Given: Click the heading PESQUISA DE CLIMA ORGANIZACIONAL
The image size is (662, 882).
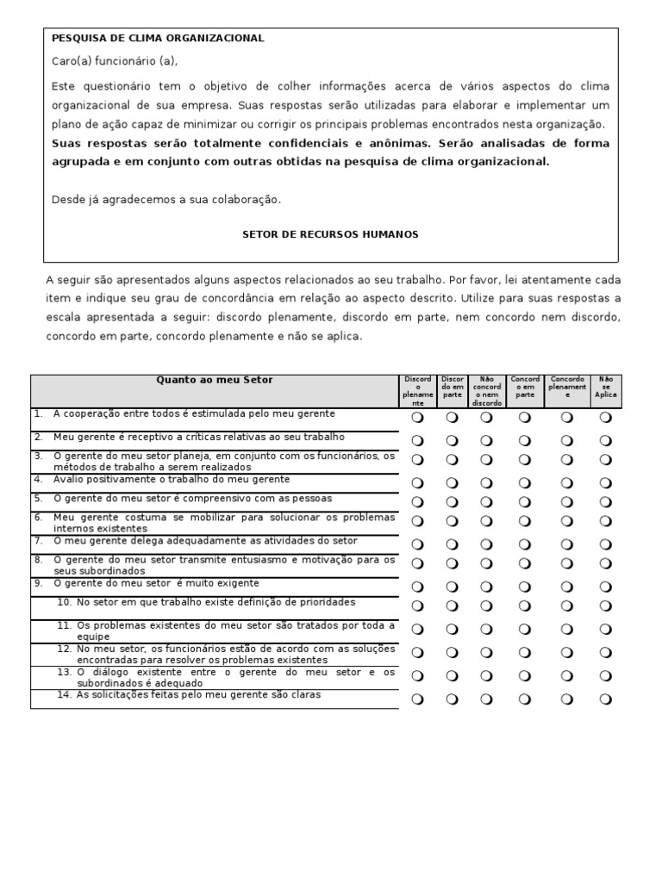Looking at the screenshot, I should click(158, 38).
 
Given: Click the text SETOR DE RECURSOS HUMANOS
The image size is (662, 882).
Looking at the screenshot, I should click(330, 234).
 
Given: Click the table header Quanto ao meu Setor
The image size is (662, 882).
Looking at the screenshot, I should click(214, 380).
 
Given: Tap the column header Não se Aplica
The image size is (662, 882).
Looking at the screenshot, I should click(606, 386).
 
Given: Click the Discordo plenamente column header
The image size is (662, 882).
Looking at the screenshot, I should click(418, 390).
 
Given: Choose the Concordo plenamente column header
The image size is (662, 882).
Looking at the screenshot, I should click(567, 386).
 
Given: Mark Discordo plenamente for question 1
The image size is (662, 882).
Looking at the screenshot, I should click(418, 418).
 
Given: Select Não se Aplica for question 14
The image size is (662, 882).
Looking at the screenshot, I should click(606, 699).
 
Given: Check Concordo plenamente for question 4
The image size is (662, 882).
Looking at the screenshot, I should click(567, 483).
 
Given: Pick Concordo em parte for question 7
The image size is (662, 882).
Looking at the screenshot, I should click(525, 544).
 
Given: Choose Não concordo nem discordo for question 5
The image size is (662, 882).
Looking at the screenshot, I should click(486, 502).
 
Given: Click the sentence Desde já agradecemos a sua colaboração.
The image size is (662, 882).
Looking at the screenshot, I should click(166, 199).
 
